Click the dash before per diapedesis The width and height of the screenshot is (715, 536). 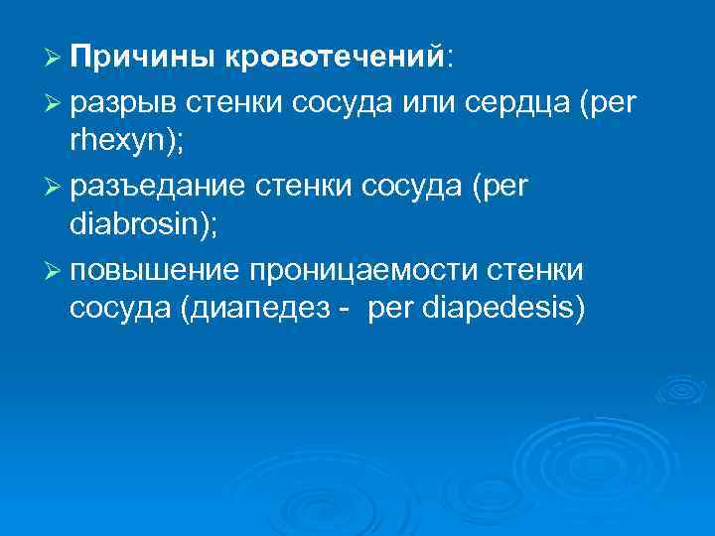tap(344, 312)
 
